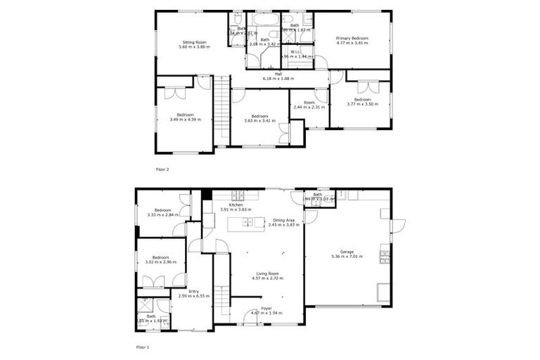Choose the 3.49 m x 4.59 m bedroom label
coord(185,117)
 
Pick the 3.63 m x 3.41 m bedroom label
coord(259,118)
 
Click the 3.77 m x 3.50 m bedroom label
coord(362,101)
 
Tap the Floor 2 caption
coord(162,169)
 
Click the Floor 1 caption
coord(143,347)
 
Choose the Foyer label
coord(266,309)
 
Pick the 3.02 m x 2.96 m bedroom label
coord(160,260)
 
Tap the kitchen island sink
coord(247,224)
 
